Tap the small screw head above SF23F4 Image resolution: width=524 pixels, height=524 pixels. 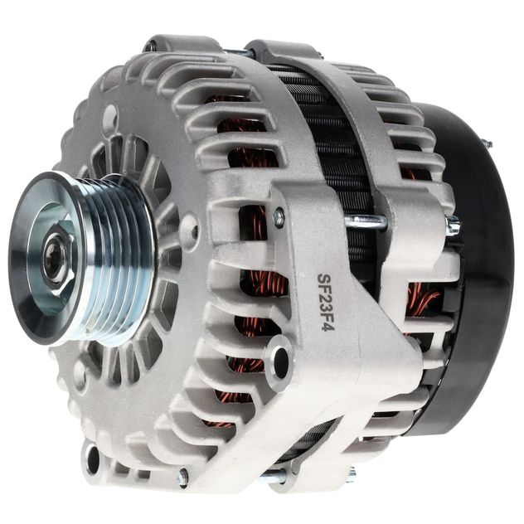pos(279,216)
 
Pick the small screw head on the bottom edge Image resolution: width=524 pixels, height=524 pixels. pos(183,477)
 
